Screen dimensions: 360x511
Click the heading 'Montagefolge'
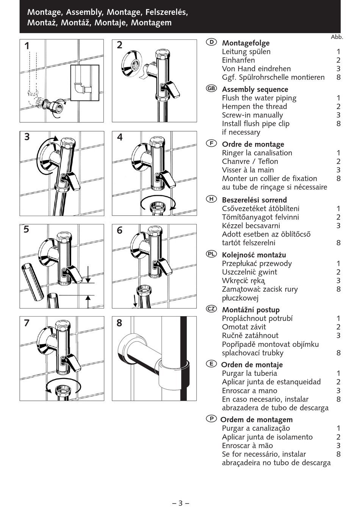[x=246, y=43]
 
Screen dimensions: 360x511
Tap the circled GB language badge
[x=211, y=88]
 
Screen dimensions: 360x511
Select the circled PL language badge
[x=211, y=254]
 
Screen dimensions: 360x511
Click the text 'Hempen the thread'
[x=254, y=107]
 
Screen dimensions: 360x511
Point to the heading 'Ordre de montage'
[x=253, y=144]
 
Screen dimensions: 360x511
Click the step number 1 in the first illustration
[x=27, y=46]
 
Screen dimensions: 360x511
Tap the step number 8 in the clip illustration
[x=119, y=323]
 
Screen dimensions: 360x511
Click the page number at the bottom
[x=181, y=503]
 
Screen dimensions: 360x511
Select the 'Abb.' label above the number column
[x=337, y=37]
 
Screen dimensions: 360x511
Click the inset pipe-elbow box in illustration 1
[x=85, y=83]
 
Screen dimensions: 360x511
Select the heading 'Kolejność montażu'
[x=254, y=255]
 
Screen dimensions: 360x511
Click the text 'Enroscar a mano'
[x=250, y=390]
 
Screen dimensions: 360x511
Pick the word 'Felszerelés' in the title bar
[x=167, y=12]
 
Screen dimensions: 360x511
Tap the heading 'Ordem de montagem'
[x=257, y=420]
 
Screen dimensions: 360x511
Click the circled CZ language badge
[x=211, y=309]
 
